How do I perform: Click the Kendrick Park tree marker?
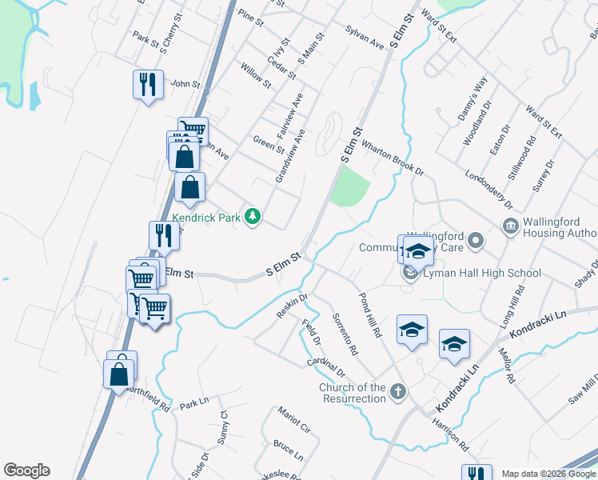pos(253,217)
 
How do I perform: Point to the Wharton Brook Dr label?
pos(392,158)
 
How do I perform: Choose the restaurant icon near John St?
pos(148,84)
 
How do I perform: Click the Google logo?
pos(26,470)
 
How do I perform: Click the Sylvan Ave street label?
pos(365,38)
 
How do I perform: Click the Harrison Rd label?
pos(449,430)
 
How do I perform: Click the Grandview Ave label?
pos(289,155)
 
